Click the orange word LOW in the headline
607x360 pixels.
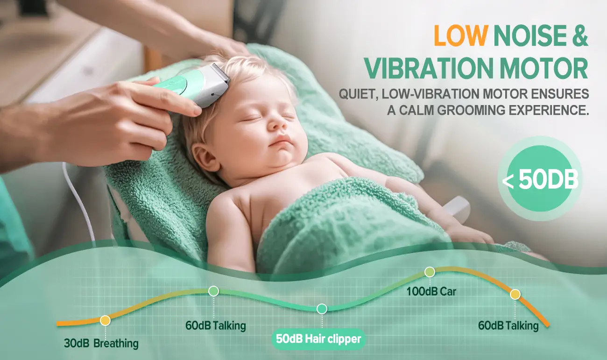[461, 35]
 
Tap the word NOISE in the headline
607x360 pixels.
[529, 35]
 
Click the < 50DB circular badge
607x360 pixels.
[540, 178]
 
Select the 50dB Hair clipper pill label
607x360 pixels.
[318, 339]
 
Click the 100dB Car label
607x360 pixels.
[431, 292]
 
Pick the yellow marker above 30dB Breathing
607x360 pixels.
[105, 320]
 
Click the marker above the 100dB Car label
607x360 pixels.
[430, 272]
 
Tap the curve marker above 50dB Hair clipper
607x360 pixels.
[322, 309]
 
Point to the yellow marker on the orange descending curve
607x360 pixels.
[515, 295]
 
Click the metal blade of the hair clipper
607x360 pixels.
[221, 72]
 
